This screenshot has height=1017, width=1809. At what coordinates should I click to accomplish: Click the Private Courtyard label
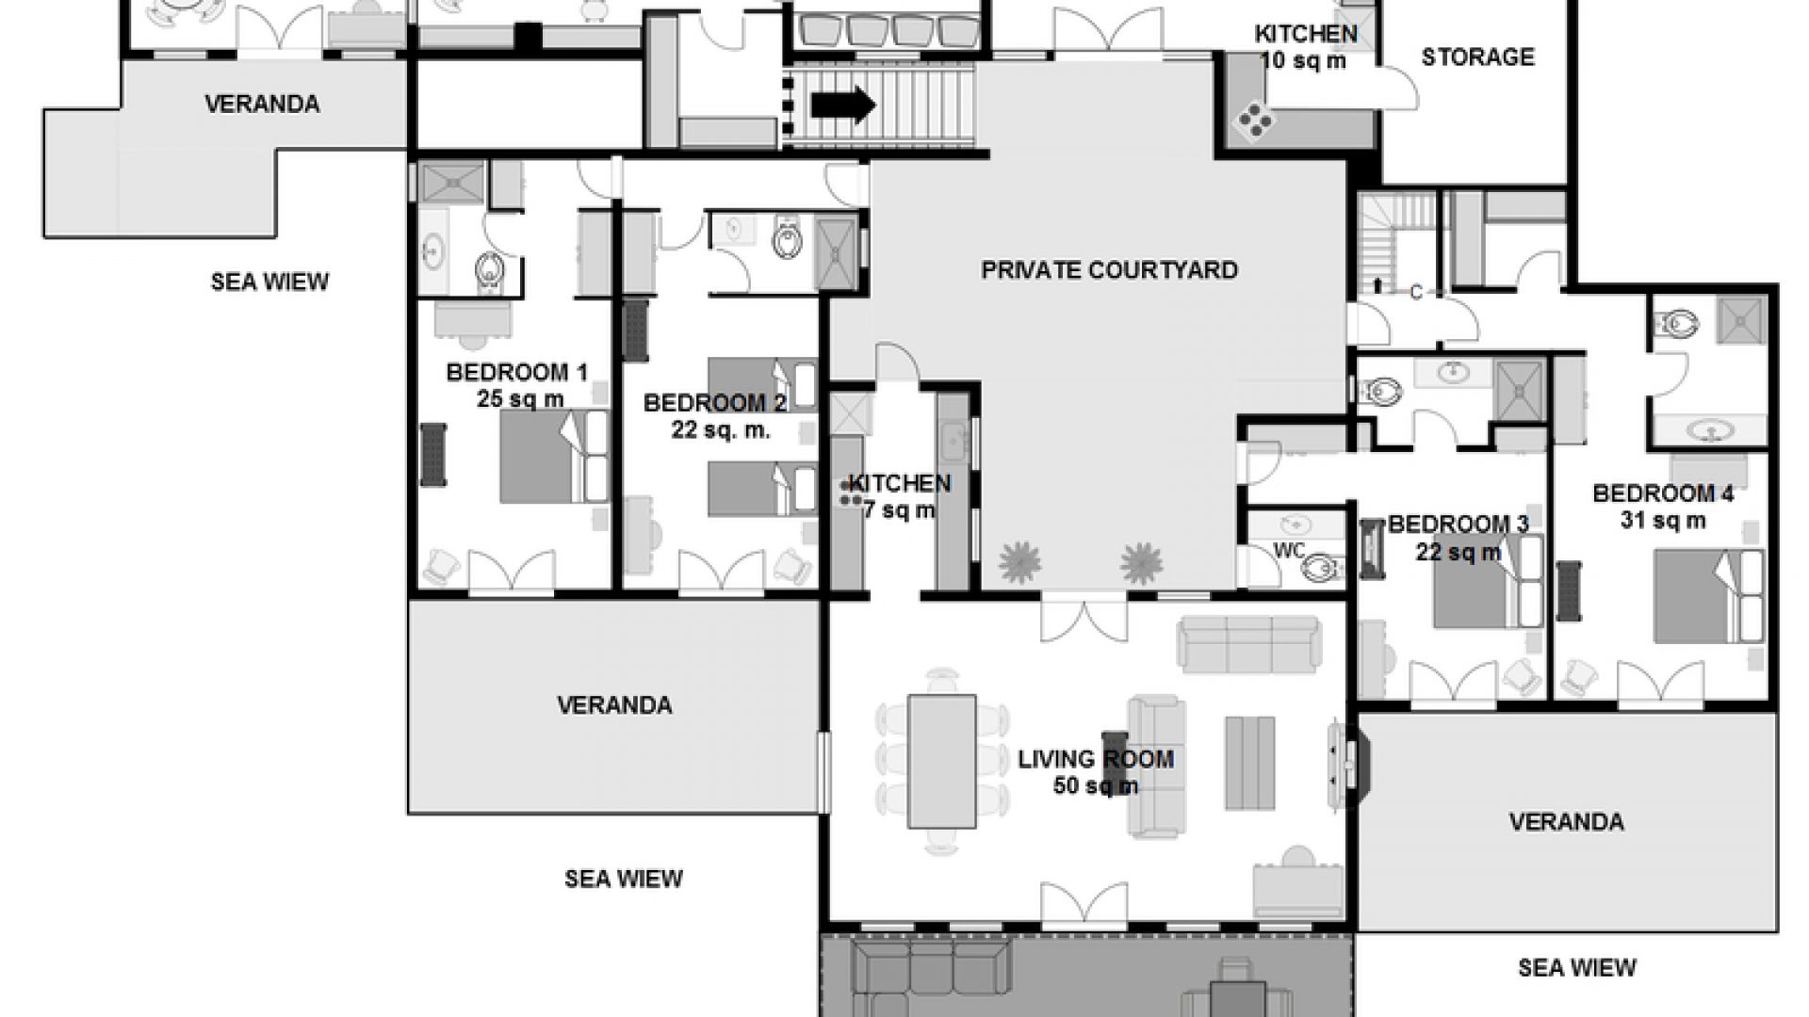tap(1109, 270)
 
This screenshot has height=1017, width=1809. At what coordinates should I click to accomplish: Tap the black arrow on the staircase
tap(843, 105)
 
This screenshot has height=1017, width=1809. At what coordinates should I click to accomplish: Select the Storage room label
tap(1477, 57)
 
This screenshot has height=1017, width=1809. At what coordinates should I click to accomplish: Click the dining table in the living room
tap(941, 761)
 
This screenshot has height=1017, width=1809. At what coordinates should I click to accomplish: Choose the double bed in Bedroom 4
tap(1709, 596)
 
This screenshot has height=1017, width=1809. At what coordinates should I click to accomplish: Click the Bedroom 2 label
tap(715, 416)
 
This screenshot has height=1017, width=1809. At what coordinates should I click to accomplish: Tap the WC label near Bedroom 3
tap(1289, 551)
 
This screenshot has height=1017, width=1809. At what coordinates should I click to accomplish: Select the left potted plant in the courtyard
tap(1020, 562)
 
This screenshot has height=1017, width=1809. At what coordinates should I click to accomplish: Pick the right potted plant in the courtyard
tap(1142, 562)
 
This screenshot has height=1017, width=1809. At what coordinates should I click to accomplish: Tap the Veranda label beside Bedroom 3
tap(1566, 822)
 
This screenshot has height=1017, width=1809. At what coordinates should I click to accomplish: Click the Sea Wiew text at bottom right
tap(1577, 967)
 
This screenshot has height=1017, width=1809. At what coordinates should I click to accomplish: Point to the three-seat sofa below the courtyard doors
tap(1248, 645)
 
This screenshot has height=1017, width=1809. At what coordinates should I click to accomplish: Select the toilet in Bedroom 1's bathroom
tap(490, 270)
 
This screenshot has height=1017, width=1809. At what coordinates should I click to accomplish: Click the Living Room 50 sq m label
tap(1096, 771)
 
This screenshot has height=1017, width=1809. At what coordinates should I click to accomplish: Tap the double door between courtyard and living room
tap(1084, 617)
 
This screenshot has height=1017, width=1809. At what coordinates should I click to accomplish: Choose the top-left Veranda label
tap(262, 104)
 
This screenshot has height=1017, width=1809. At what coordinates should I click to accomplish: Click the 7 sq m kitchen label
tap(900, 496)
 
